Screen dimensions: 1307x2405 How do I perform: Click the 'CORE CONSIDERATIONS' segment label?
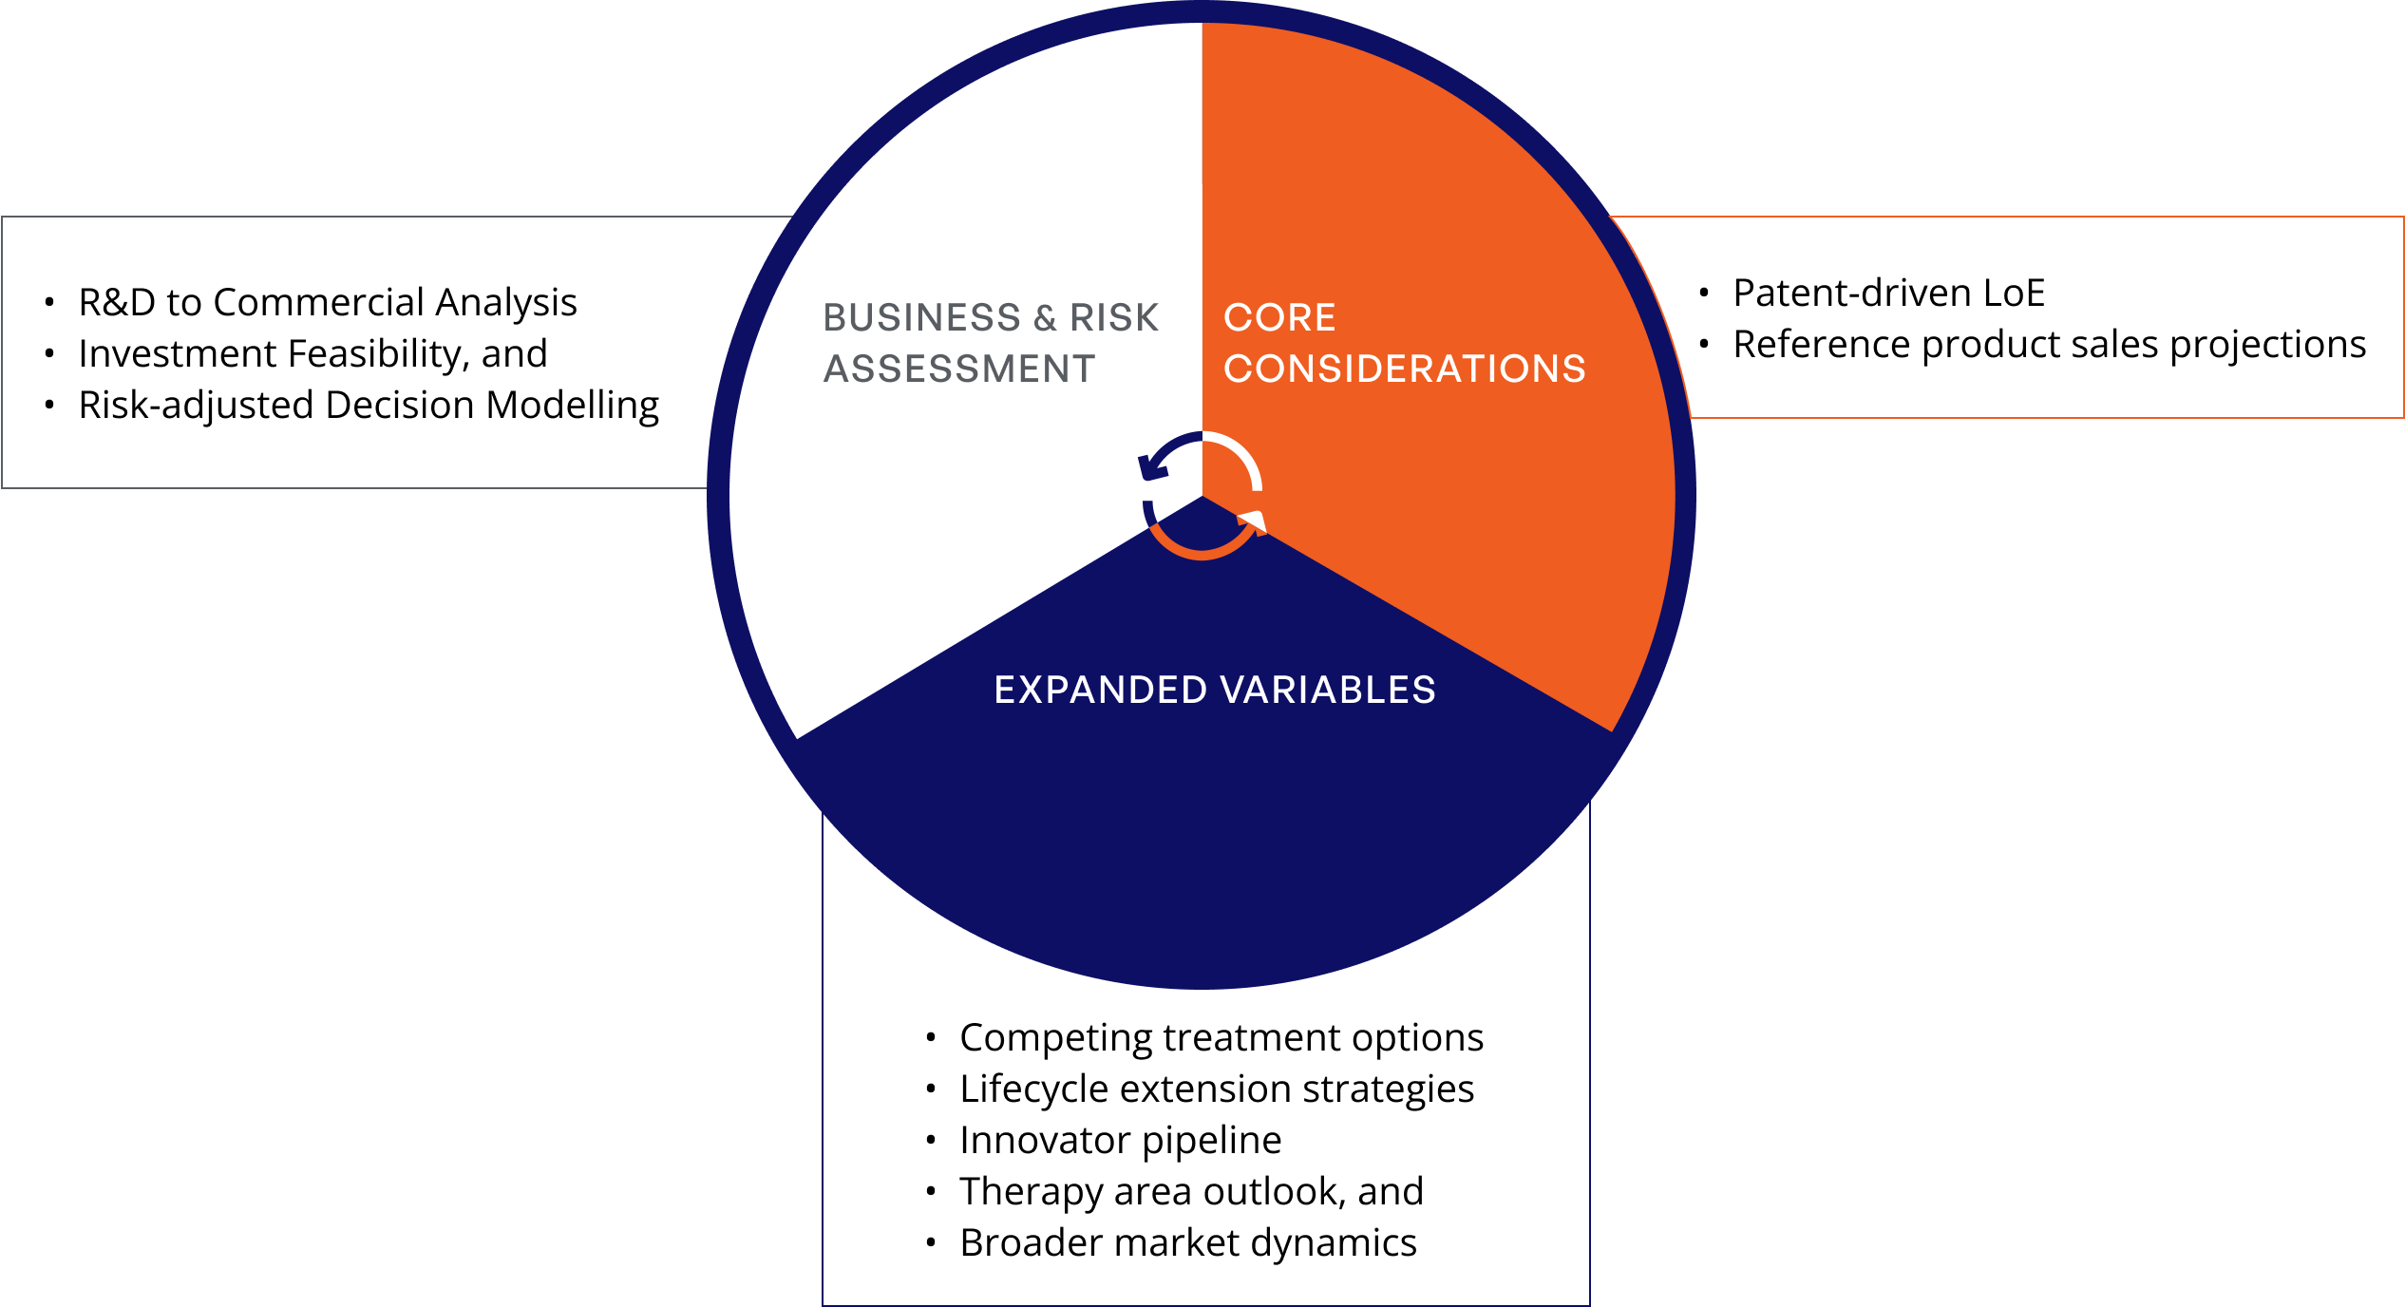coord(1404,343)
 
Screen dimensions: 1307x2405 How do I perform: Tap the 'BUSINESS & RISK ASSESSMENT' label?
coord(991,343)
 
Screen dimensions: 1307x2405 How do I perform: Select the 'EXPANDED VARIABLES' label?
coord(1215,690)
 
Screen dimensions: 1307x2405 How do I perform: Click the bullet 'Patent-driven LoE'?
coord(1888,293)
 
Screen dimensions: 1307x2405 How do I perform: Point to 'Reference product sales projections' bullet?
coord(2049,344)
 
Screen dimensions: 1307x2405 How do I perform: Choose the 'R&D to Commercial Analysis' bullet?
coord(328,302)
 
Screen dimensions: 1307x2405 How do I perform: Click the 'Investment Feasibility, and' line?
coord(312,353)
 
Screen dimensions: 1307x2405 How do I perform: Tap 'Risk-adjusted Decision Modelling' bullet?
coord(369,405)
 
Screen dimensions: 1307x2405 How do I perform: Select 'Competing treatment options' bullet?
coord(1221,1037)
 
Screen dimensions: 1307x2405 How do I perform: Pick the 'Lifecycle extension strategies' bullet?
coord(1217,1089)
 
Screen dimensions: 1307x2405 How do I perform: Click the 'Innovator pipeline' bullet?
coord(1120,1140)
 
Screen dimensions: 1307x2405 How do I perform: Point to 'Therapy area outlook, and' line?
coord(1191,1191)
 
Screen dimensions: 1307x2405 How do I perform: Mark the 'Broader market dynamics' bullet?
coord(1188,1242)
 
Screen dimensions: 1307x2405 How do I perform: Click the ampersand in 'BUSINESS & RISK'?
coord(1045,317)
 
